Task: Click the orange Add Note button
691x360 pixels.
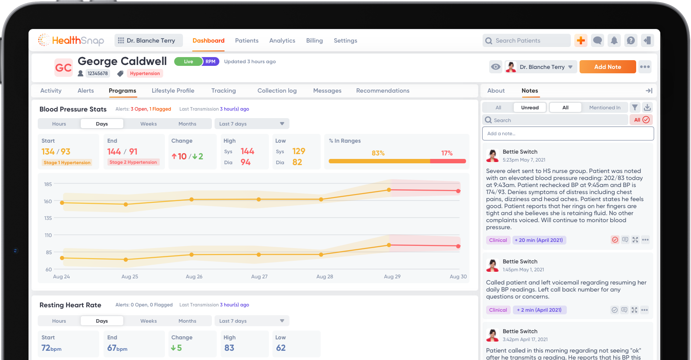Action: (x=607, y=67)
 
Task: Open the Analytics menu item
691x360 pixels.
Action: (x=282, y=40)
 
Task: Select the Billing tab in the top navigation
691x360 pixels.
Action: (x=314, y=40)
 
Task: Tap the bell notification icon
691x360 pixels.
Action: (x=614, y=40)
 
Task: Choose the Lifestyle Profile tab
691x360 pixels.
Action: (x=173, y=90)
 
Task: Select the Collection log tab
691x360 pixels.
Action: (x=277, y=90)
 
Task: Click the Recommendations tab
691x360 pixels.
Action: (x=383, y=90)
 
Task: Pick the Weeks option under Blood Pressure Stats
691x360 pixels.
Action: (x=148, y=124)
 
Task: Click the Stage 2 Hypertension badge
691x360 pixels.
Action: (x=133, y=162)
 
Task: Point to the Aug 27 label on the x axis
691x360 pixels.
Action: (x=259, y=277)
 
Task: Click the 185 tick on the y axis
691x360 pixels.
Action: (x=48, y=184)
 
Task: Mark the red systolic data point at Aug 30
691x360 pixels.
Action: (x=458, y=191)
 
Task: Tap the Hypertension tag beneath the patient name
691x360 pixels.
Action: (x=145, y=73)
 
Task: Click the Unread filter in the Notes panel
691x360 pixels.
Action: (x=530, y=108)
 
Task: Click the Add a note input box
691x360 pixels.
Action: (x=568, y=133)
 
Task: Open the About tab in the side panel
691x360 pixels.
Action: (x=496, y=90)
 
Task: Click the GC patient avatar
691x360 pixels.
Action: (x=63, y=68)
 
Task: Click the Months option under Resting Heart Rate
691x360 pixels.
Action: (x=187, y=321)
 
